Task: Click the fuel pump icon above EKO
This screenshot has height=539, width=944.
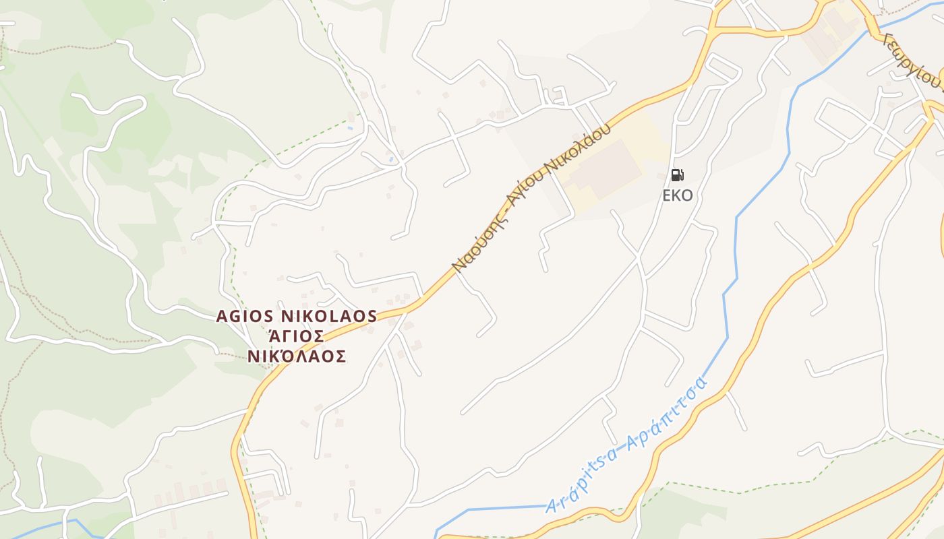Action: [678, 175]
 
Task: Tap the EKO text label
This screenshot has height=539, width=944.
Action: [678, 196]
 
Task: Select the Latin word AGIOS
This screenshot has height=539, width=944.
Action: [244, 317]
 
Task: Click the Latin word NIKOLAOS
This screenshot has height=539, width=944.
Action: [328, 317]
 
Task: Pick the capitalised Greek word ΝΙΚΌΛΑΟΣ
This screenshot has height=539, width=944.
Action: [296, 356]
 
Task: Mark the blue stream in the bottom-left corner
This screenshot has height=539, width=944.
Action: [40, 529]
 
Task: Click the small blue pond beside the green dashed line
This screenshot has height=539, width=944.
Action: [349, 127]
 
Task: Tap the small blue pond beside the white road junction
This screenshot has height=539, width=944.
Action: [390, 160]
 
